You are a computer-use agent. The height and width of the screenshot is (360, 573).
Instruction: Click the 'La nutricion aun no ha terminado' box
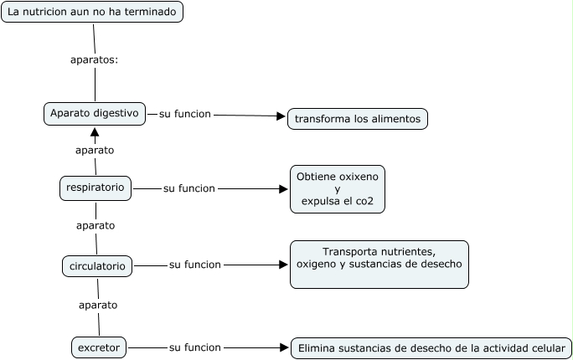92,12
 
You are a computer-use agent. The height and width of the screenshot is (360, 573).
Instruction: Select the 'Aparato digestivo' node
95,114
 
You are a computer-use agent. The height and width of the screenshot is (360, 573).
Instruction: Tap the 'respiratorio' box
95,188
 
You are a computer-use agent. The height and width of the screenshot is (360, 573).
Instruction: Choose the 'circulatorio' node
97,266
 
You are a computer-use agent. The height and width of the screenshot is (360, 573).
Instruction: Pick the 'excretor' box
99,347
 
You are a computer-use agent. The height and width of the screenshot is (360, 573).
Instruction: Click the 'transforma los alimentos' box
358,119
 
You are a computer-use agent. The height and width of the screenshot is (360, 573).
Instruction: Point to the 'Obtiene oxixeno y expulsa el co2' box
338,189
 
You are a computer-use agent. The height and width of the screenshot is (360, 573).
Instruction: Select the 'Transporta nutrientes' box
379,265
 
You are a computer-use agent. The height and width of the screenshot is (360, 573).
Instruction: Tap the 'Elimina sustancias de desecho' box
431,348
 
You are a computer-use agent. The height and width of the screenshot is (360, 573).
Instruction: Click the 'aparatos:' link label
95,60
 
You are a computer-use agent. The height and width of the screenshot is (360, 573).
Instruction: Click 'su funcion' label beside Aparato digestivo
185,114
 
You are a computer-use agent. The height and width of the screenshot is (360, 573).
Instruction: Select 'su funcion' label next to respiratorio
189,188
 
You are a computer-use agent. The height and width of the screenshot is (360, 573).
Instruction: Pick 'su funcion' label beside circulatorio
195,265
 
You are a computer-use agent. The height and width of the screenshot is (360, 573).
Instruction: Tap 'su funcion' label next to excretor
195,347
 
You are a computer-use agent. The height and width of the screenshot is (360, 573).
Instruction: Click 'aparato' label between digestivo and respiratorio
95,151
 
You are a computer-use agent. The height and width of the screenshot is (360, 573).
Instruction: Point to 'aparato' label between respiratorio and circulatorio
95,226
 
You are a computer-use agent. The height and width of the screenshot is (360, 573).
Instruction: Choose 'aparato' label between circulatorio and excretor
98,306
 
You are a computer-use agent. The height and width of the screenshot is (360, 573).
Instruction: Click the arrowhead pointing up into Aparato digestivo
95,131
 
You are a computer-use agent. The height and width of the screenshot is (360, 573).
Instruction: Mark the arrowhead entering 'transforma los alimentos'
281,116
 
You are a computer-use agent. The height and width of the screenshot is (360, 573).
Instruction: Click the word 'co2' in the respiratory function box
364,201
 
